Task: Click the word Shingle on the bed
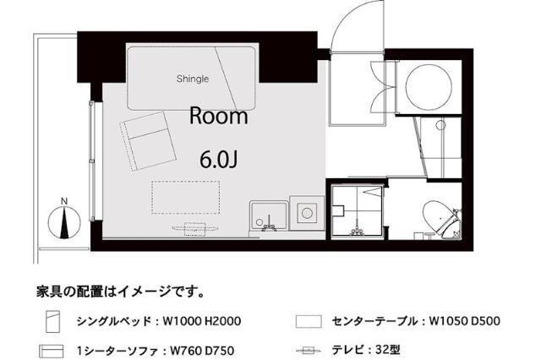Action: [192, 79]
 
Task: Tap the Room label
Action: [218, 117]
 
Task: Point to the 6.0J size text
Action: [218, 158]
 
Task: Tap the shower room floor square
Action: [356, 210]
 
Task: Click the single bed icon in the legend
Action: [53, 322]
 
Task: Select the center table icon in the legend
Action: [310, 322]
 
